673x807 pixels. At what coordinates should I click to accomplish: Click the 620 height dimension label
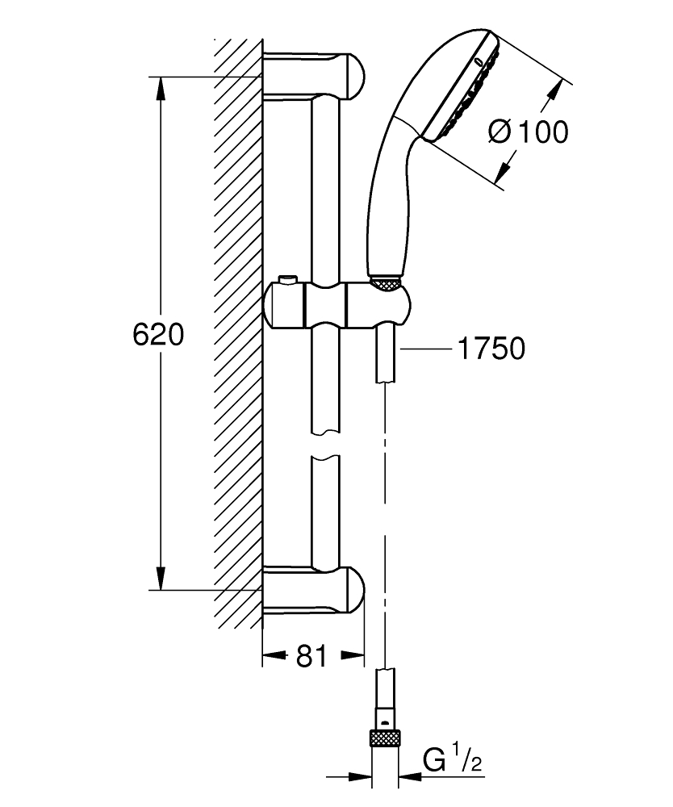click(159, 334)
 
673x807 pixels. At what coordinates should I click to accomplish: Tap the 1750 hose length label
click(491, 348)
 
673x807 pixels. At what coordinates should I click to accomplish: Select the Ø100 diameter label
click(528, 132)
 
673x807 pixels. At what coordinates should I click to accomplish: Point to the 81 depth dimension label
click(311, 657)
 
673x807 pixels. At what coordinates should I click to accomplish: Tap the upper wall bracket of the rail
click(315, 73)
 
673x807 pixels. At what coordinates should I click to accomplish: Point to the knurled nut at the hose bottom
click(386, 738)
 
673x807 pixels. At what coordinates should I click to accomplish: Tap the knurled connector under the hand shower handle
click(386, 282)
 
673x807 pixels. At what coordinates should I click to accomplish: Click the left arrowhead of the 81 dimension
click(270, 657)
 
